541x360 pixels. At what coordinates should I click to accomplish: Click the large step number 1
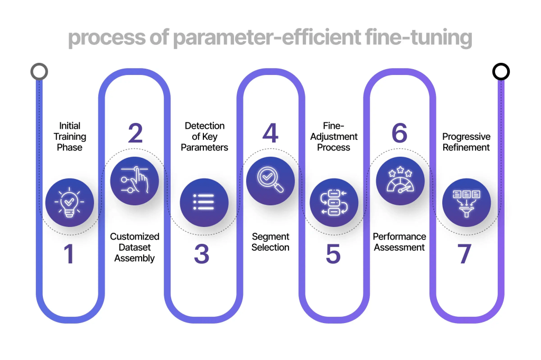pos(69,254)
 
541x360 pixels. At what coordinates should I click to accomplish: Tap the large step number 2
pos(135,133)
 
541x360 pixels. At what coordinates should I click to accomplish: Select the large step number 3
pos(201,254)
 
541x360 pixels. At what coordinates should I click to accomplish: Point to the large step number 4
pos(270,133)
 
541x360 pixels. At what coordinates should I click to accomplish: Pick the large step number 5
pos(333,254)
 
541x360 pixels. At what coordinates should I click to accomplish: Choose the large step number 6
pos(399,133)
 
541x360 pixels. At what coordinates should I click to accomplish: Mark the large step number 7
pos(464,254)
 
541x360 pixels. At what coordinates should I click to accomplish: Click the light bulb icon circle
pos(70,203)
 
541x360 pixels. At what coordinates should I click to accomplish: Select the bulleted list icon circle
pos(204,203)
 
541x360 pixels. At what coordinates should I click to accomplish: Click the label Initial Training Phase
pos(70,137)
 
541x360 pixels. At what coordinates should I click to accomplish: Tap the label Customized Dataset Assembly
pos(135,247)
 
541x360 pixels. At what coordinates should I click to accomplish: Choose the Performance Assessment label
pos(399,242)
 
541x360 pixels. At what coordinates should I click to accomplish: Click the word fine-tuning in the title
pos(412,39)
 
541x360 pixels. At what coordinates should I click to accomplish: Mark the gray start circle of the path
pos(40,72)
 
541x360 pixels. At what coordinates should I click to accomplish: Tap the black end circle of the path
pos(501,72)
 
